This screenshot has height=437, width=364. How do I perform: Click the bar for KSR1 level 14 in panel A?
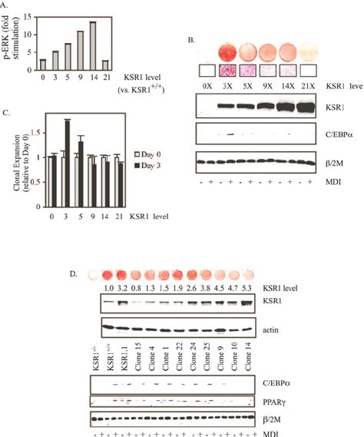(x=114, y=47)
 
